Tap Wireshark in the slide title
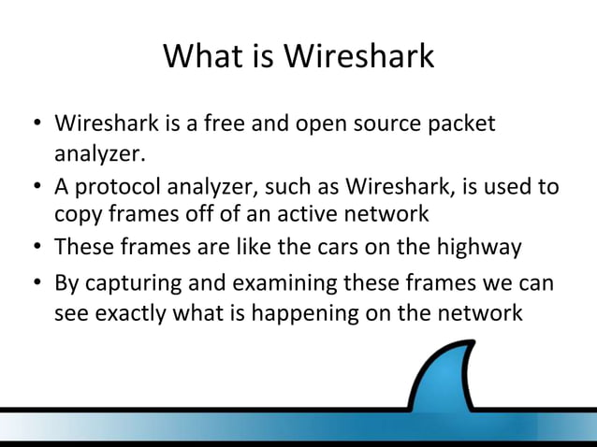[359, 56]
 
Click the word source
[404, 124]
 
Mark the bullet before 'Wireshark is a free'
[35, 125]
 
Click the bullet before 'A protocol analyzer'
[35, 187]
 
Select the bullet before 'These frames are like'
[35, 249]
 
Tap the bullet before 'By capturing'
[35, 283]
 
